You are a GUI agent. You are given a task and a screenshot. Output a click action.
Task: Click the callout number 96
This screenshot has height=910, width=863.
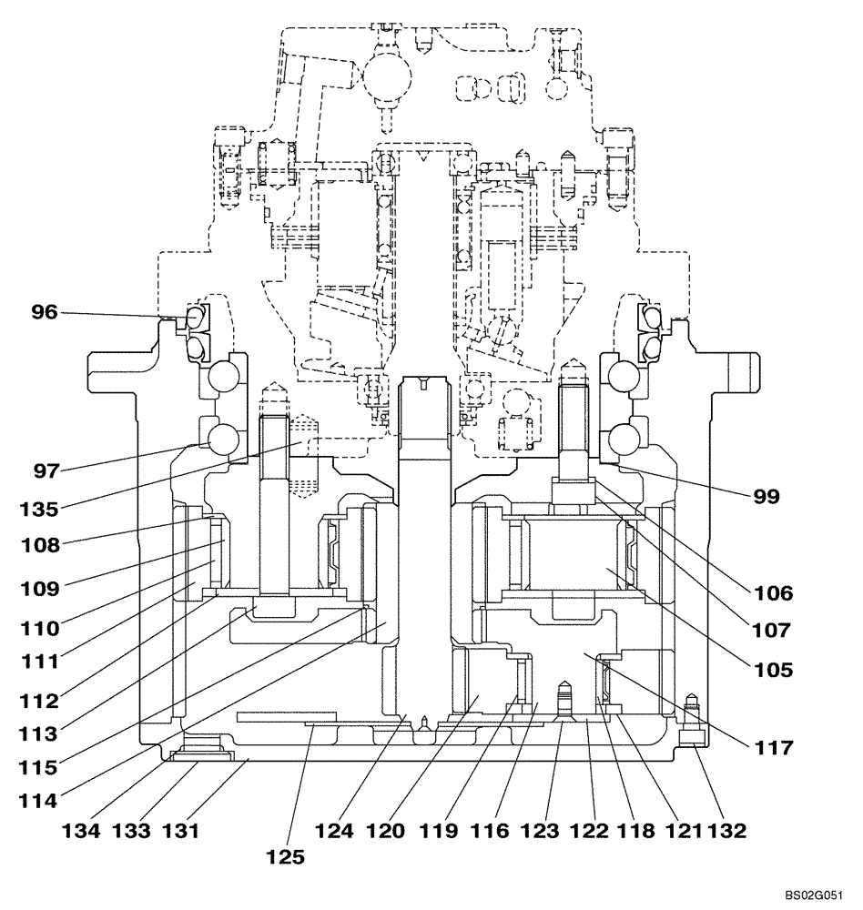(x=44, y=313)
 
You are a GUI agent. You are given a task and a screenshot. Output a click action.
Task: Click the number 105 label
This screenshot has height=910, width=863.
(x=773, y=669)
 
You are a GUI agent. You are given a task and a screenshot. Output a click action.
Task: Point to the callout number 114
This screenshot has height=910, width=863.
(x=37, y=802)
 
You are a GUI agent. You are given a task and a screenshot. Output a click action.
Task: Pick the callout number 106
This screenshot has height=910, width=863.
(x=773, y=594)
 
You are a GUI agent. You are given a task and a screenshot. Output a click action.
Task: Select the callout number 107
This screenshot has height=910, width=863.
(x=773, y=629)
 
